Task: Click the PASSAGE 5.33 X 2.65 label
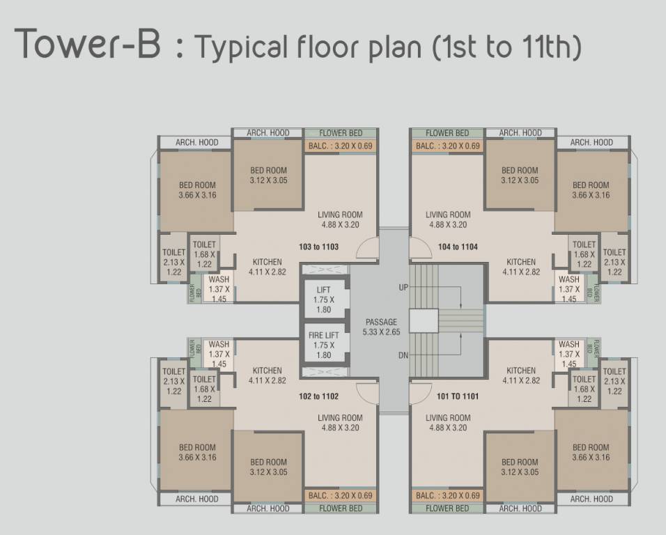click(x=381, y=327)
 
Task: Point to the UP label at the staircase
click(x=403, y=287)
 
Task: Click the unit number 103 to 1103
click(x=318, y=247)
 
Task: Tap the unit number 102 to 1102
click(x=318, y=396)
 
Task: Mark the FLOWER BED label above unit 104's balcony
click(x=447, y=133)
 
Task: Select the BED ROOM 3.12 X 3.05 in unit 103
click(x=268, y=175)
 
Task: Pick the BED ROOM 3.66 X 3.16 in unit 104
click(x=590, y=190)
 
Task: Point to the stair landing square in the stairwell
click(x=423, y=320)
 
